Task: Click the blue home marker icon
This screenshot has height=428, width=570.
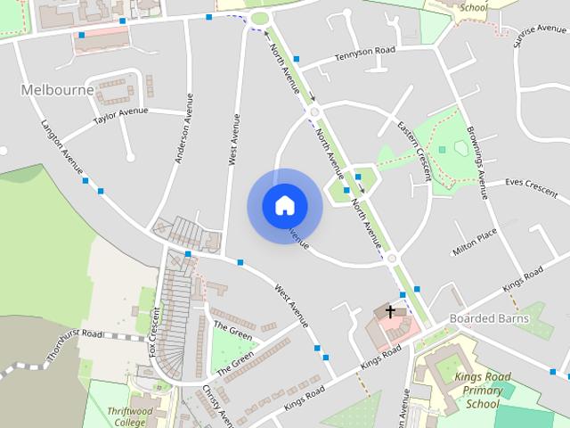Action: (x=284, y=206)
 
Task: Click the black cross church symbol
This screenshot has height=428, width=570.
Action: (x=389, y=311)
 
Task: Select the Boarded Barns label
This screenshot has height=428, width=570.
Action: (x=489, y=318)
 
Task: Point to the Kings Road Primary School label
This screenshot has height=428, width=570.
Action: (x=483, y=391)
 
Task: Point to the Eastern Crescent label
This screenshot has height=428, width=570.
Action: (x=414, y=150)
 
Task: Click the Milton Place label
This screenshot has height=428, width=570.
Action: (x=474, y=243)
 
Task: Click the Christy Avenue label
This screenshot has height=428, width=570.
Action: (x=217, y=406)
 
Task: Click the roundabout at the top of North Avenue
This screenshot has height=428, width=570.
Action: (x=260, y=18)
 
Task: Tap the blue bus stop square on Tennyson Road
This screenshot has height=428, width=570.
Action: (x=297, y=60)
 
